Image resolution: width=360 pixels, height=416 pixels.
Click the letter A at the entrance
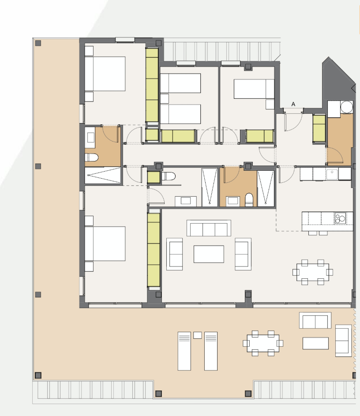[293, 104]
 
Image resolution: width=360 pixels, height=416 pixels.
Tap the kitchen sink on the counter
[332, 174]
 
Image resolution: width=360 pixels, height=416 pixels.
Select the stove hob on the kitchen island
[340, 218]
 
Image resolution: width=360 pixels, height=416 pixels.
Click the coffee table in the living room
[209, 254]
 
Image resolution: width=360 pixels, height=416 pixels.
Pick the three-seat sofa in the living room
[209, 228]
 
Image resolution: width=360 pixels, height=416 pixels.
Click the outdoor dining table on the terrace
[263, 343]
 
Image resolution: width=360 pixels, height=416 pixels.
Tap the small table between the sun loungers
[197, 335]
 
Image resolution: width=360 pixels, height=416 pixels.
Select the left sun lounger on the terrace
[184, 351]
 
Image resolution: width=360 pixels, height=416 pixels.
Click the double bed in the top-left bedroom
[105, 74]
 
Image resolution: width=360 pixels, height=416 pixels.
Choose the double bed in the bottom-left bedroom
[105, 244]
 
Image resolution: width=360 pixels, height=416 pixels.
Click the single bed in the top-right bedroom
[254, 89]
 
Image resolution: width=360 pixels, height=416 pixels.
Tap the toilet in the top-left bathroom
[91, 157]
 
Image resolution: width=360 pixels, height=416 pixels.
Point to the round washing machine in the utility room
[347, 107]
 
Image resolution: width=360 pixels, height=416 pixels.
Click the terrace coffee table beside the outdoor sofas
[315, 343]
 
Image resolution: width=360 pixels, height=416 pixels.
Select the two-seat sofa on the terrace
[315, 320]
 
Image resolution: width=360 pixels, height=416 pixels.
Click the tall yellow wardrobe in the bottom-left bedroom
[154, 250]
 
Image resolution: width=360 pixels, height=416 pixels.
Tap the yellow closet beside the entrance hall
[319, 129]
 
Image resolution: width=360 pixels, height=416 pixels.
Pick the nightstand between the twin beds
[165, 99]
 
